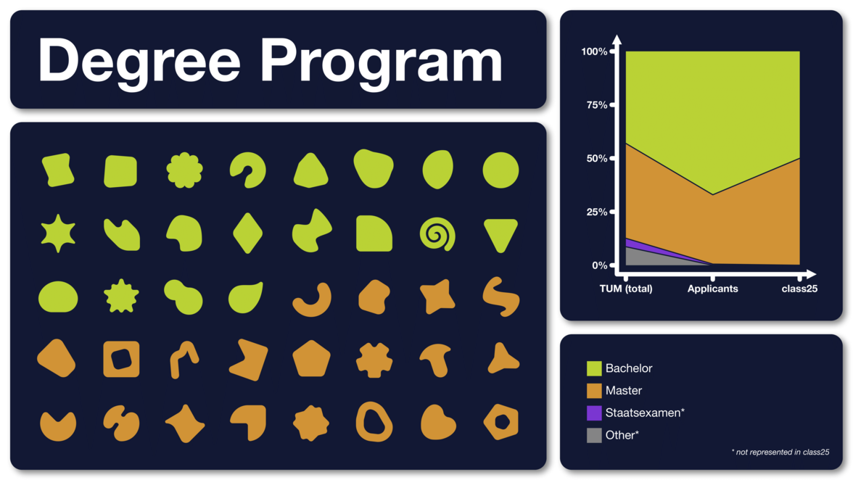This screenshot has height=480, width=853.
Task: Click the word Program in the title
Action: coord(382,62)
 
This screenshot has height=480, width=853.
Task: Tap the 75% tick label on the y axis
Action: coord(596,105)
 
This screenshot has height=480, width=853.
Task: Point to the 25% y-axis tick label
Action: coord(596,212)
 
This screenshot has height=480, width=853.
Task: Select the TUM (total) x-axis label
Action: coord(625,289)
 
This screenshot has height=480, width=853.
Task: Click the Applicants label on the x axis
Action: coord(712,289)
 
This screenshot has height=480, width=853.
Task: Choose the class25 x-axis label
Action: coord(799,289)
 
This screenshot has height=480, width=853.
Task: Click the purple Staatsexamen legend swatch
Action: coord(594,413)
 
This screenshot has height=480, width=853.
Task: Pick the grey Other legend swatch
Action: coord(594,436)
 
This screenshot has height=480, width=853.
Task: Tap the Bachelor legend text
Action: coord(628,368)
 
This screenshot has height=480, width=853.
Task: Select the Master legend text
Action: coord(624,391)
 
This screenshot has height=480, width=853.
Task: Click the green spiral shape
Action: coord(437,234)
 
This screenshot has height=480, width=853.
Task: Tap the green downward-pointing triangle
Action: coord(500,233)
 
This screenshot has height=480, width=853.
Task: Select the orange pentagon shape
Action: coord(311,359)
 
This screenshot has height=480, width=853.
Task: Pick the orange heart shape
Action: coord(437,423)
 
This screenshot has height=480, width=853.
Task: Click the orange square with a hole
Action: coord(121,360)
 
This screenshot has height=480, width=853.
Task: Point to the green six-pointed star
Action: coord(58,233)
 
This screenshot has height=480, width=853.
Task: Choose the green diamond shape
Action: coord(247,233)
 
